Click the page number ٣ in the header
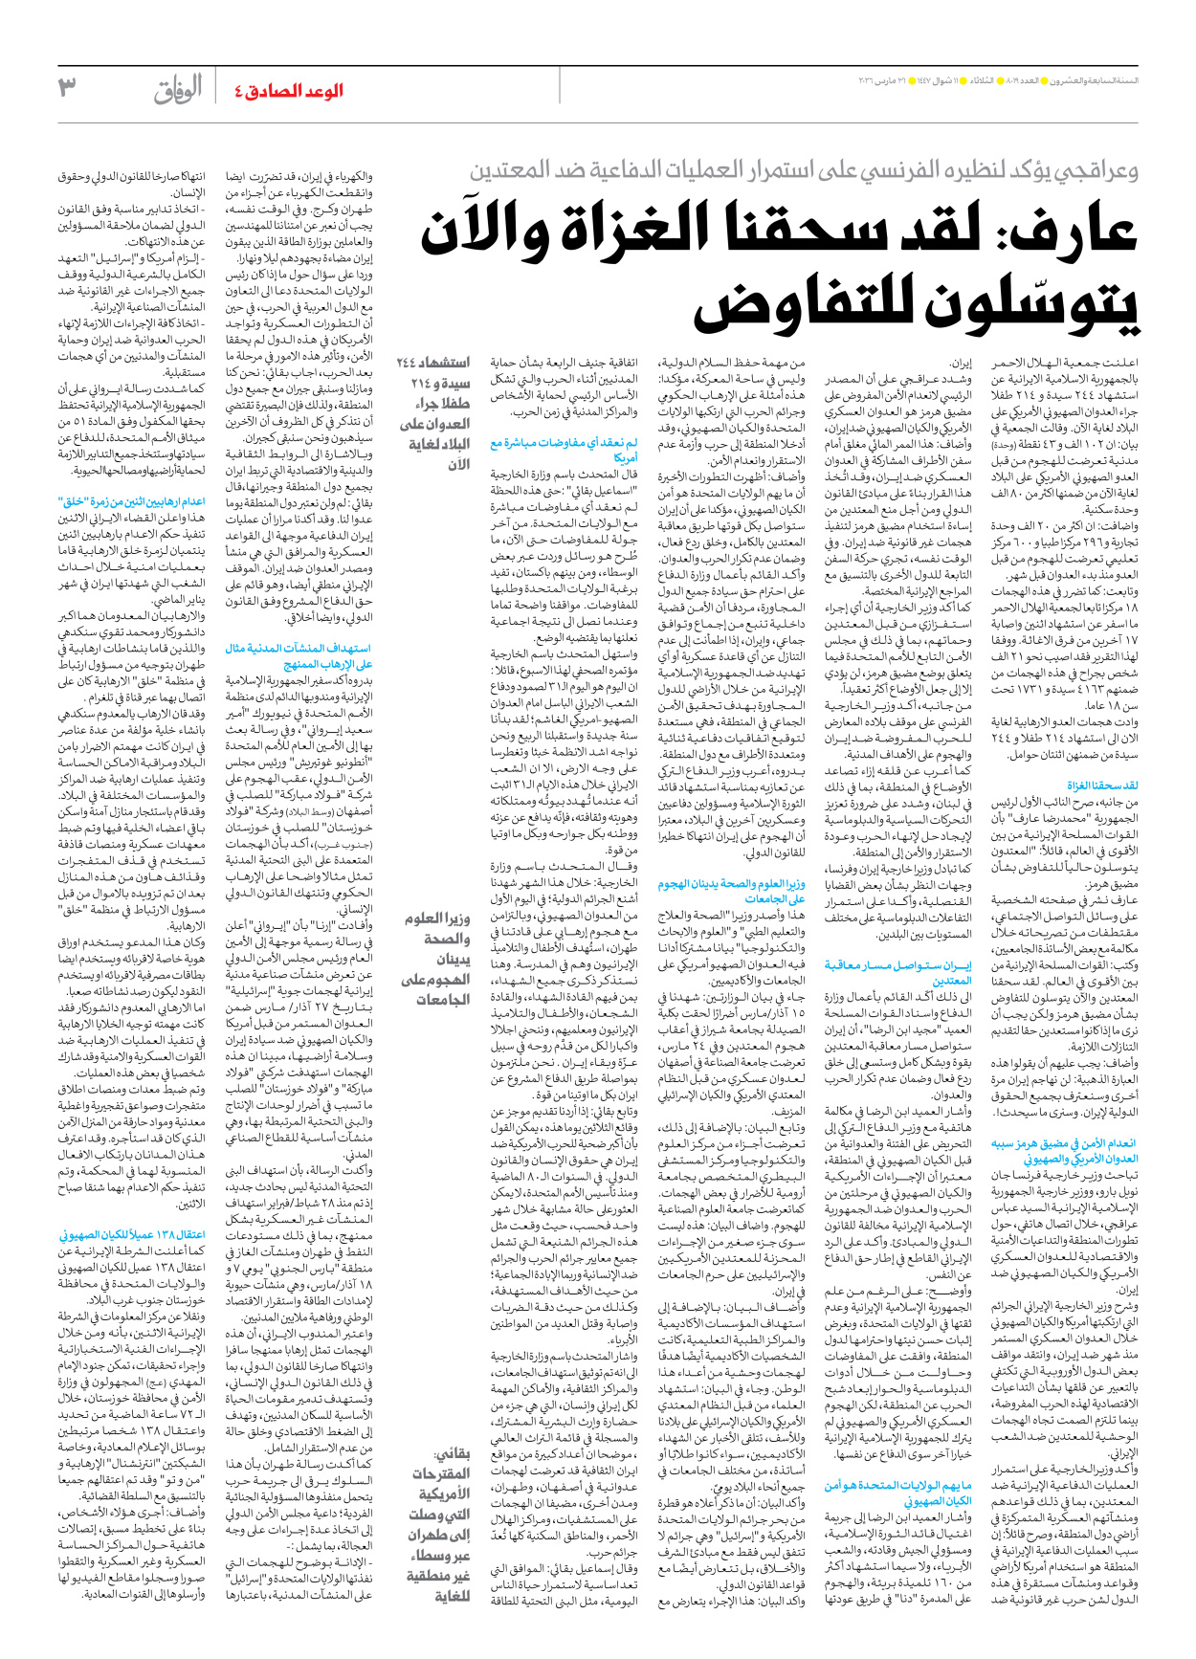pyautogui.click(x=67, y=89)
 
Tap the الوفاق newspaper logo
pyautogui.click(x=179, y=90)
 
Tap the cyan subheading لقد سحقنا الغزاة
pyautogui.click(x=1102, y=785)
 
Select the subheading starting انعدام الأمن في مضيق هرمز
pyautogui.click(x=1063, y=1150)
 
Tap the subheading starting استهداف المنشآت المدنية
pyautogui.click(x=299, y=655)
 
